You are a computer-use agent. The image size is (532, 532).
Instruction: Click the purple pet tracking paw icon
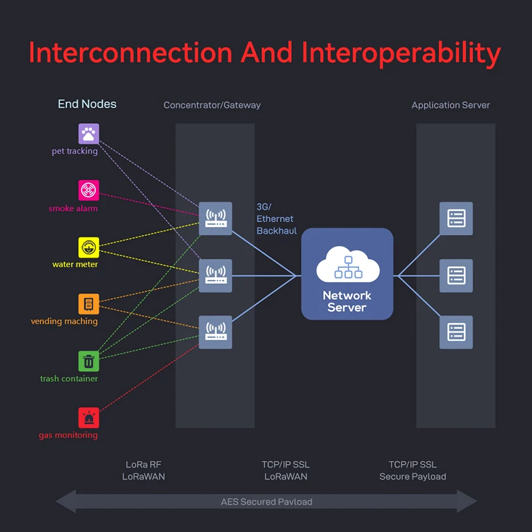88,134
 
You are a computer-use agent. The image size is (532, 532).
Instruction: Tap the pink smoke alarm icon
88,190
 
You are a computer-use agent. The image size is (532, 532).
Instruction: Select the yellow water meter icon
88,247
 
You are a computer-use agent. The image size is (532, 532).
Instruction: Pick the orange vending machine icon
88,304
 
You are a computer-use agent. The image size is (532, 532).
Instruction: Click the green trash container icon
88,361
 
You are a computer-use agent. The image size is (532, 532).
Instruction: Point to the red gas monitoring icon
88,418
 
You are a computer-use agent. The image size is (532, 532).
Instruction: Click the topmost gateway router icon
215,219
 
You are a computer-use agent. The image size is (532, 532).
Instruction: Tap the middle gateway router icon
215,275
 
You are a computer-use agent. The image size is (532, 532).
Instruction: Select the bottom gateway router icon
215,332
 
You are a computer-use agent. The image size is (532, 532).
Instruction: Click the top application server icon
456,219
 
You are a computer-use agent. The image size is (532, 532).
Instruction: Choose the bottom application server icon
456,332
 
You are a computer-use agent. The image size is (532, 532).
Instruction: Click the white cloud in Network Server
348,264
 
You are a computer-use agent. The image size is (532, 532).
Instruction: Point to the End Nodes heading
87,104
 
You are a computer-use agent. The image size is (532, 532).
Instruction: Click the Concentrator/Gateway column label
212,105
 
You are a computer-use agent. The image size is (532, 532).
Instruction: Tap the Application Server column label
451,105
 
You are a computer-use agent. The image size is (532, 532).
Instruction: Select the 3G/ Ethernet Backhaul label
277,219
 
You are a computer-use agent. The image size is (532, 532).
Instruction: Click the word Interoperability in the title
401,53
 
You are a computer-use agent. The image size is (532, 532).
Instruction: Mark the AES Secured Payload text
267,502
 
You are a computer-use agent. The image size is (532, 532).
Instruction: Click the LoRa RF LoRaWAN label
144,470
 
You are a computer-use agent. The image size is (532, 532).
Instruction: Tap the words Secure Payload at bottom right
412,477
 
